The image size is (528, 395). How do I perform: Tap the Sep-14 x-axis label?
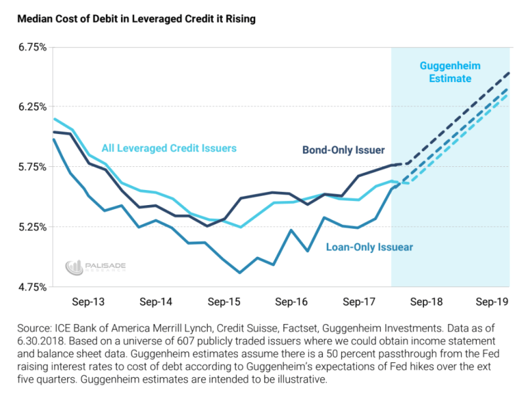click(x=156, y=302)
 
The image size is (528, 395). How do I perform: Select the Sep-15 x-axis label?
click(x=224, y=302)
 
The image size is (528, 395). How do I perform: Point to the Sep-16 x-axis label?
click(x=291, y=302)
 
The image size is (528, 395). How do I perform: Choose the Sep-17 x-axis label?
click(x=358, y=302)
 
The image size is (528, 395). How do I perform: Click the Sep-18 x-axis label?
click(x=425, y=302)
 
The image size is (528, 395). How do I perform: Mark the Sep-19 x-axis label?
click(x=492, y=302)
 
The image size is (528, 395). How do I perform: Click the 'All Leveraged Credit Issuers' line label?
click(x=168, y=149)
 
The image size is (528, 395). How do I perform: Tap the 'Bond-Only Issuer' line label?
click(x=343, y=150)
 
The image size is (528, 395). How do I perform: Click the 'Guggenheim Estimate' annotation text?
click(x=450, y=72)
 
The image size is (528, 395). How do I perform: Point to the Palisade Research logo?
click(x=95, y=267)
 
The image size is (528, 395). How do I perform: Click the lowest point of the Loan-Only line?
click(x=240, y=272)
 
